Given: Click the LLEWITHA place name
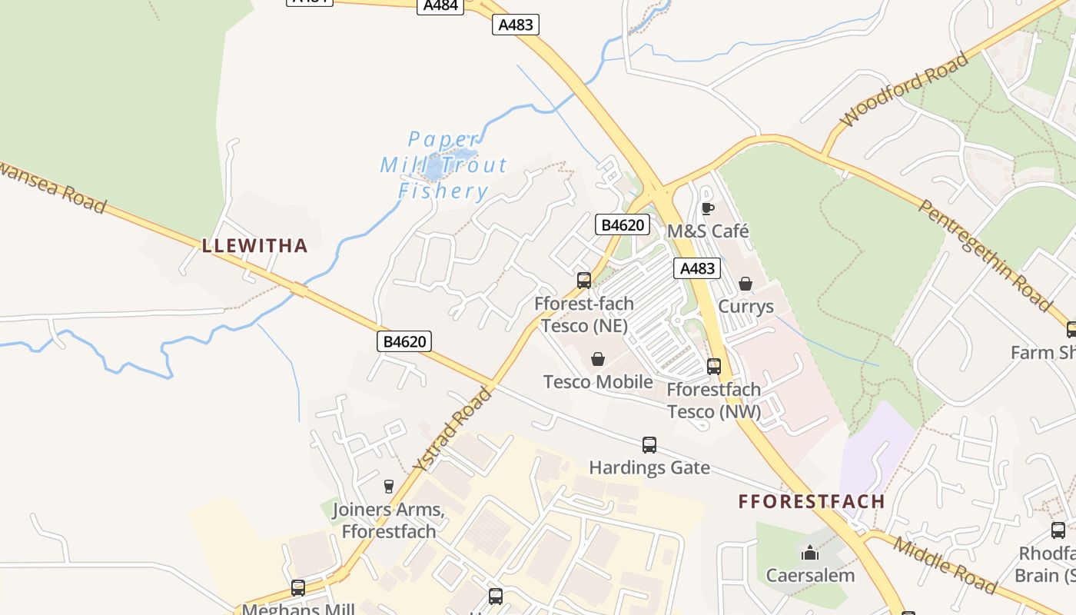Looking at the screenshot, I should pyautogui.click(x=254, y=246).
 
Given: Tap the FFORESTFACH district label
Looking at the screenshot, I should pyautogui.click(x=812, y=502).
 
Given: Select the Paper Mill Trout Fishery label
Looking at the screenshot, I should pyautogui.click(x=444, y=165).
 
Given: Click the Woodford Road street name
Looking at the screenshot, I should pyautogui.click(x=905, y=89).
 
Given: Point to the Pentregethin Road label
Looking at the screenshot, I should pyautogui.click(x=986, y=255).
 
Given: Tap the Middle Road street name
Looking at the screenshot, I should pyautogui.click(x=945, y=566).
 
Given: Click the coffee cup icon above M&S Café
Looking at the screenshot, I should pyautogui.click(x=707, y=208).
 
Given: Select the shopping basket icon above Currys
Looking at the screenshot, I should pyautogui.click(x=745, y=284).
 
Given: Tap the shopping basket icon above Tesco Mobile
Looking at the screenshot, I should pyautogui.click(x=597, y=359).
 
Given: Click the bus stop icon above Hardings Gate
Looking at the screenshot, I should pyautogui.click(x=649, y=444).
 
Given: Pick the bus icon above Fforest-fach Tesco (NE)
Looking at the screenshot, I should pyautogui.click(x=584, y=280).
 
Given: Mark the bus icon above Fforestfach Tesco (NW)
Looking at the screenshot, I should pyautogui.click(x=714, y=366).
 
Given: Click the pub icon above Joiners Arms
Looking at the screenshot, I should pyautogui.click(x=388, y=486).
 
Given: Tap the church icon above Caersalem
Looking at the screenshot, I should pyautogui.click(x=810, y=553).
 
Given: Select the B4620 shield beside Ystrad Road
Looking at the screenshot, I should pyautogui.click(x=404, y=341).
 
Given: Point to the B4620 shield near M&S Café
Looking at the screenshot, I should pyautogui.click(x=623, y=225).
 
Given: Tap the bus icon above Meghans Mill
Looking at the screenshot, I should pyautogui.click(x=298, y=588).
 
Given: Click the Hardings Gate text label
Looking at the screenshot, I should pyautogui.click(x=649, y=467).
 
